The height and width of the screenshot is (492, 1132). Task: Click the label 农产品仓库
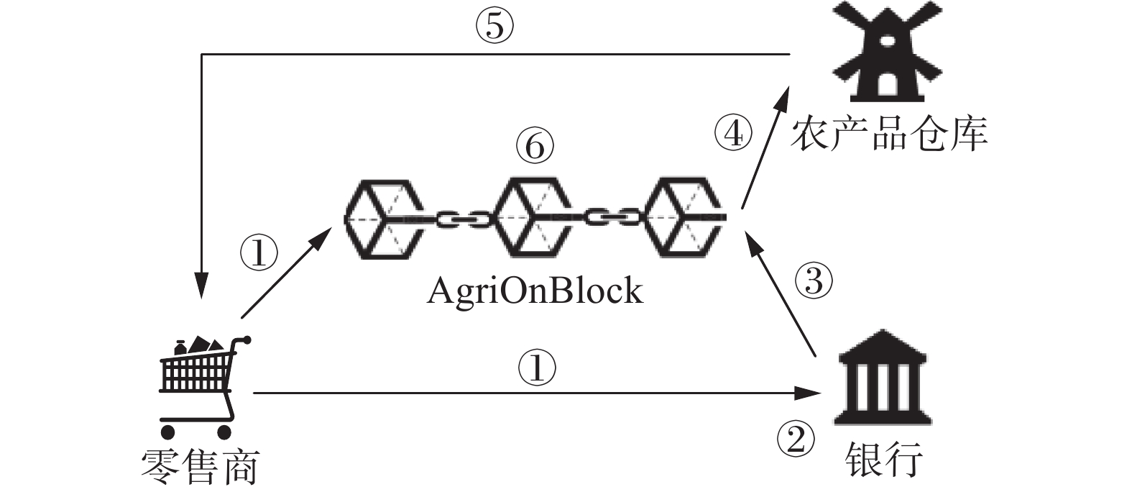889,135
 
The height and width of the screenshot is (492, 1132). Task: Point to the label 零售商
201,468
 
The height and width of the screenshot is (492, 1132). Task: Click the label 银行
884,459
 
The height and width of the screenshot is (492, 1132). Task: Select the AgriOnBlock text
535,292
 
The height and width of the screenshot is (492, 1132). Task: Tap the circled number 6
535,145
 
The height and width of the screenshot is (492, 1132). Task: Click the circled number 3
814,280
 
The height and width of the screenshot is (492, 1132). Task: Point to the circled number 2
796,438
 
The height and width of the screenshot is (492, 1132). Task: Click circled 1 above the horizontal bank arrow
537,368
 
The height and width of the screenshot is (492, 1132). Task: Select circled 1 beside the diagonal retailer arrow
259,252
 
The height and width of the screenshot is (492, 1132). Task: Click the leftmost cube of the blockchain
384,219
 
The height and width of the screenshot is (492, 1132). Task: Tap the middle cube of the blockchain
533,219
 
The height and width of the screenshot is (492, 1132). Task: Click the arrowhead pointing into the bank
808,393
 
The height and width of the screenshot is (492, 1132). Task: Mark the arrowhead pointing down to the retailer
202,285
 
